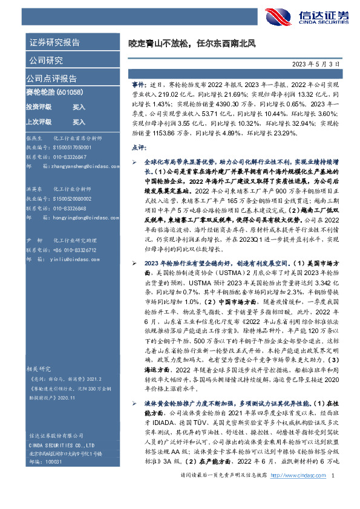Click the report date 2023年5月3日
pyautogui.click(x=324, y=62)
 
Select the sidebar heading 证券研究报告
pyautogui.click(x=54, y=42)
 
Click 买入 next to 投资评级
pyautogui.click(x=79, y=106)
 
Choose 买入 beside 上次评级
pyautogui.click(x=79, y=122)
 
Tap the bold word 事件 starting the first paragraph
pyautogui.click(x=137, y=87)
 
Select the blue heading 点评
pyautogui.click(x=138, y=147)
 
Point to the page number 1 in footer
pyautogui.click(x=334, y=494)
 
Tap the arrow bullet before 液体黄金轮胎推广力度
pyautogui.click(x=134, y=385)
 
